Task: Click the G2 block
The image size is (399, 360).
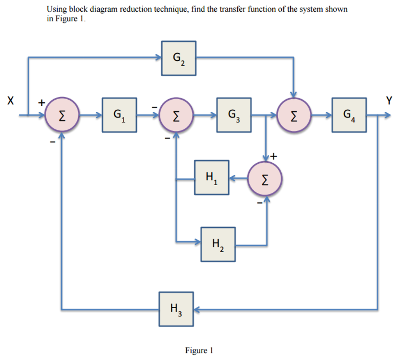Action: coord(178,58)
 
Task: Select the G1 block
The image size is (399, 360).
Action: coord(119,115)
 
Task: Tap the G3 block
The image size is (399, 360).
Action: coord(234,115)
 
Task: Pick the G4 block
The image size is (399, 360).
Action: coord(349,115)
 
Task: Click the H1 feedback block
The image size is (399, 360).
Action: coord(212,177)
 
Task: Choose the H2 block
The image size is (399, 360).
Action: coord(218,244)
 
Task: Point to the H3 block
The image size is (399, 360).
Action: coord(176,309)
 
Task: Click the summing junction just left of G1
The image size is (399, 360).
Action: coord(62,115)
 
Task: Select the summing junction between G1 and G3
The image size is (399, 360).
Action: coord(176,115)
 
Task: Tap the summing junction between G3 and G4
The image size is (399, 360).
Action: coord(294,115)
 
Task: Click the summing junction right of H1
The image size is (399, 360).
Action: coord(265,179)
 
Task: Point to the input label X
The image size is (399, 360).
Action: coord(11,101)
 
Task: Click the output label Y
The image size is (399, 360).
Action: coord(389,100)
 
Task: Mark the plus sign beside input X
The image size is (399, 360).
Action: coord(42,103)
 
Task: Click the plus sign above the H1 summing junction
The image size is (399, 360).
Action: coord(274,156)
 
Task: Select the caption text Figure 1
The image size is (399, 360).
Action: coord(199,350)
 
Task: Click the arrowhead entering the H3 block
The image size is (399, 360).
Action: coord(196,309)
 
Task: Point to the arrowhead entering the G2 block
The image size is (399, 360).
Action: coord(159,57)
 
